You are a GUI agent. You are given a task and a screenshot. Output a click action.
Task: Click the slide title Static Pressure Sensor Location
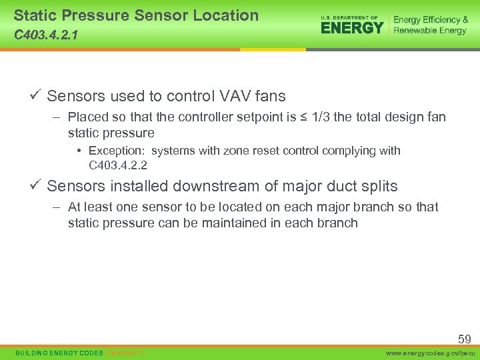click(x=136, y=15)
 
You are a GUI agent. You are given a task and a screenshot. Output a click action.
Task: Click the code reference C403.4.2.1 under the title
click(x=45, y=35)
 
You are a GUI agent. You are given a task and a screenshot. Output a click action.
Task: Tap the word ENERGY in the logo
click(x=352, y=27)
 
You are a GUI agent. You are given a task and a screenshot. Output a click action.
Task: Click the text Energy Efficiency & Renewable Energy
click(x=430, y=25)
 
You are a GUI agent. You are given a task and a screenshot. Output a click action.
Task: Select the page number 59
click(x=464, y=339)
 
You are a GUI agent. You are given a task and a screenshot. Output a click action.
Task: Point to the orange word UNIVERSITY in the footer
click(x=125, y=353)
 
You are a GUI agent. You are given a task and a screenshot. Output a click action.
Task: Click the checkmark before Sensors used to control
click(x=37, y=95)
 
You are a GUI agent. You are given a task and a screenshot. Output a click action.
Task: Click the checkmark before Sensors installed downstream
click(x=37, y=185)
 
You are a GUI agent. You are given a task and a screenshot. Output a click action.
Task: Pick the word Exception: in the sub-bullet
click(x=116, y=151)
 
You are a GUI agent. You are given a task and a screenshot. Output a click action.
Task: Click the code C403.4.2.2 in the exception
click(x=118, y=165)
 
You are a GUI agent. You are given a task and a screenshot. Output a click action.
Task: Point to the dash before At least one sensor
click(x=59, y=207)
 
